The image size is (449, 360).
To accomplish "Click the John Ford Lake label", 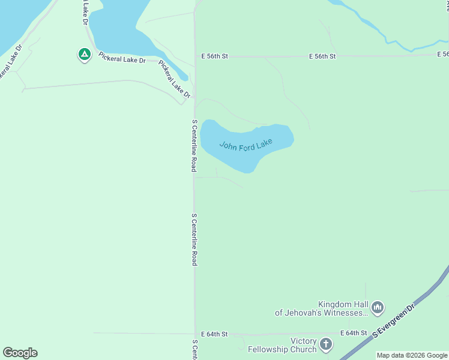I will (246, 145).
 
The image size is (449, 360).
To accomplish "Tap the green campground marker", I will (85, 55).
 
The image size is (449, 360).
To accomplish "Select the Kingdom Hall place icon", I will (378, 308).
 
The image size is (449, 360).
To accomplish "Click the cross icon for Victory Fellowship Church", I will (325, 344).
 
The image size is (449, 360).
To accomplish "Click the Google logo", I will (20, 353).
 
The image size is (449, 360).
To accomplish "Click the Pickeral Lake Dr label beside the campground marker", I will (122, 56).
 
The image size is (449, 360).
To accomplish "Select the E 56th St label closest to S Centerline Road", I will (215, 56).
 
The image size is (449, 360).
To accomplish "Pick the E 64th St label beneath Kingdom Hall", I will (354, 333).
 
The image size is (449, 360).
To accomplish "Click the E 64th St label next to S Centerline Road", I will (215, 334).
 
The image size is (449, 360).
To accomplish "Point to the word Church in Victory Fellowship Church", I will (302, 349).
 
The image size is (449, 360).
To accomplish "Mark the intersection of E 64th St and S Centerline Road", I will (195, 334).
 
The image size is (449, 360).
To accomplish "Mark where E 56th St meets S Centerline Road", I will (195, 56).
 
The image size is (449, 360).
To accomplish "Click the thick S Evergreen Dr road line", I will (420, 295).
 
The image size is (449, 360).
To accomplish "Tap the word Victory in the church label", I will (303, 341).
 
